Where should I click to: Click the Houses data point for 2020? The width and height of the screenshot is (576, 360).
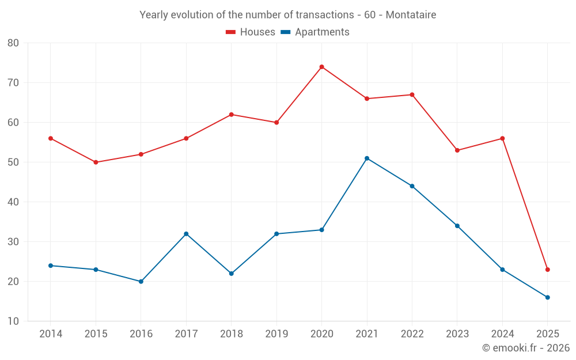[321, 67]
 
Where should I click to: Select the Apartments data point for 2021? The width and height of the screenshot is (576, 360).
[367, 158]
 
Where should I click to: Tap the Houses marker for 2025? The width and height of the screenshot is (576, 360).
[547, 270]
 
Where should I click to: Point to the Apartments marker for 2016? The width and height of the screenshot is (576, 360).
[141, 282]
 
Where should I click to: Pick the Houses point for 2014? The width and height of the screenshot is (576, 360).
[51, 138]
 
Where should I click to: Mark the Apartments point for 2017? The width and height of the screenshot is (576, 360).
[186, 234]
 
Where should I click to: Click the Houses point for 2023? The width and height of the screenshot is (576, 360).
[457, 150]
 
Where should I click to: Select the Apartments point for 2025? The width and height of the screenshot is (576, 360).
[547, 297]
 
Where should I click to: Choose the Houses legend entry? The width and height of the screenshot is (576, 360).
[251, 32]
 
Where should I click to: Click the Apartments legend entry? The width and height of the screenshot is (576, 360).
[315, 32]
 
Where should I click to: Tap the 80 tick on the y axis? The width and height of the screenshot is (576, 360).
[13, 43]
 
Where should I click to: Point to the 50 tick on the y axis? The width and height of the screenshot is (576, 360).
[13, 162]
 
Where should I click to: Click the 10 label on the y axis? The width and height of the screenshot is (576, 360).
[13, 321]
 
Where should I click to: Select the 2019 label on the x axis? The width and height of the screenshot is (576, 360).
[276, 334]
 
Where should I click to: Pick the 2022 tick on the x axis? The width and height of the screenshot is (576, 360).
[412, 334]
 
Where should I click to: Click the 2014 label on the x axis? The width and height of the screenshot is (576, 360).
[51, 334]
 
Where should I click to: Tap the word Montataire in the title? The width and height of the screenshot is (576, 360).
[411, 14]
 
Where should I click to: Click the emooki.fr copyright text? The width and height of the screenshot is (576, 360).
[526, 348]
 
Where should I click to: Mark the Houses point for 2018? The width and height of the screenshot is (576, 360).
[232, 115]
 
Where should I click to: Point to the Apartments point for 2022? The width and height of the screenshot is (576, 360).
[412, 186]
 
